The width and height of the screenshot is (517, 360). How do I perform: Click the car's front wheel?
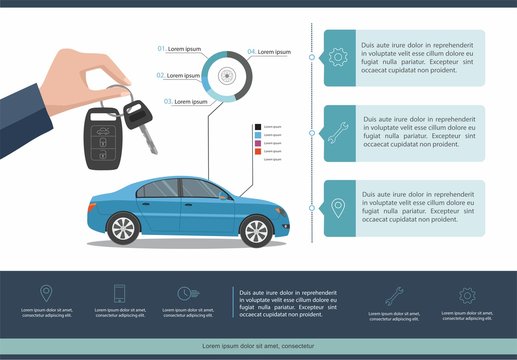[x=256, y=230]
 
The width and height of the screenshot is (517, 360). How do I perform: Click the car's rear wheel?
[x=123, y=230]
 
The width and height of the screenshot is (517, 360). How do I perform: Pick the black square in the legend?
[x=257, y=127]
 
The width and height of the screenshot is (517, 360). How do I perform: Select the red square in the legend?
[x=257, y=151]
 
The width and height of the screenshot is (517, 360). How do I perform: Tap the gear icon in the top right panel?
[x=337, y=57]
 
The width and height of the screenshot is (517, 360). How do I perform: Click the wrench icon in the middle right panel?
[x=337, y=131]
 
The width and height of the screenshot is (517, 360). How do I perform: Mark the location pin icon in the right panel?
[x=337, y=208]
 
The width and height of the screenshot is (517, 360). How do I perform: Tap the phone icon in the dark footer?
[x=119, y=293]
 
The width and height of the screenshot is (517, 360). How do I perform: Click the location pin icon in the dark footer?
[x=46, y=293]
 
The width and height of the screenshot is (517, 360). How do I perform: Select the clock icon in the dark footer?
[x=184, y=293]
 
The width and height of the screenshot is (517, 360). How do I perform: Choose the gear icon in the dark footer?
[x=466, y=295]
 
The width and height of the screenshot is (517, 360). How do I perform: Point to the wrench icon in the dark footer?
[x=394, y=295]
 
